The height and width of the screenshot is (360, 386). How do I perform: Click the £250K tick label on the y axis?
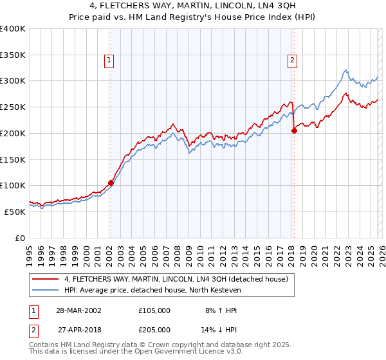(13, 107)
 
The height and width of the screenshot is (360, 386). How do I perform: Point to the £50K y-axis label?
(15, 212)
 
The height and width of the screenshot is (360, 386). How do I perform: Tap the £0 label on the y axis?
(21, 238)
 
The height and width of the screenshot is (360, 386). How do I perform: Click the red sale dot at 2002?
(111, 183)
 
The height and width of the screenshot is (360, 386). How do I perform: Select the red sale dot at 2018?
(294, 130)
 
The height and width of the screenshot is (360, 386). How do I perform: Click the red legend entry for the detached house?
(179, 279)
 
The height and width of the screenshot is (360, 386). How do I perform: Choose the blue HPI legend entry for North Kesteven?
(152, 291)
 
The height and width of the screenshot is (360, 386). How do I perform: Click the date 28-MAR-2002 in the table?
(78, 310)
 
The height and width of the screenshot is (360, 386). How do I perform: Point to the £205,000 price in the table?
(154, 329)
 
